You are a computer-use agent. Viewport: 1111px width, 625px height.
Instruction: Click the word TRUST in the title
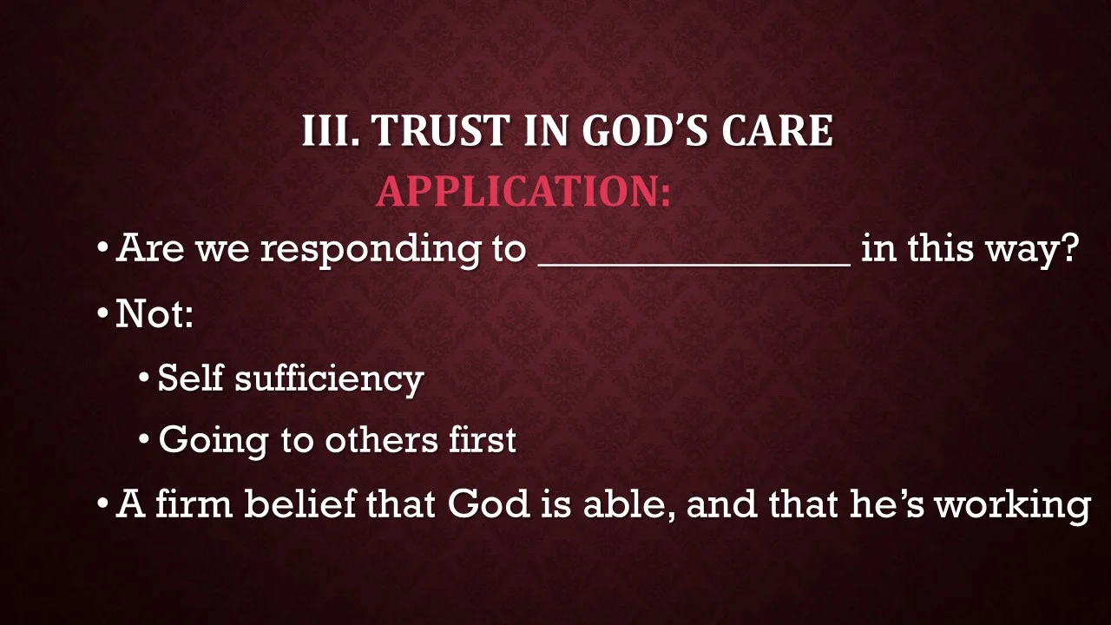(x=441, y=131)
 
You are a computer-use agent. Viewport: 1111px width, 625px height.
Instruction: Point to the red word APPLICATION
(x=523, y=191)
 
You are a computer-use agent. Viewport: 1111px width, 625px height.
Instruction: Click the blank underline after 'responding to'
(x=694, y=260)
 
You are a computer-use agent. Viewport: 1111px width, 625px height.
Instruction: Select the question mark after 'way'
(x=1069, y=249)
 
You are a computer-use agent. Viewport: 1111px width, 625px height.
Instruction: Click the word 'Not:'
(x=154, y=313)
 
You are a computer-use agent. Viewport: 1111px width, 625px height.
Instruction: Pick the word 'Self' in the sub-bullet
(x=190, y=377)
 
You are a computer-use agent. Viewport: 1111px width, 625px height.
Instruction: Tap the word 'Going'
(x=213, y=441)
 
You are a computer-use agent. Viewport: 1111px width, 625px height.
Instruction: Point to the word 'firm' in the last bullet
(x=194, y=503)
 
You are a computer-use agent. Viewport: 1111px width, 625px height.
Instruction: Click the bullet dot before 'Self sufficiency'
(x=145, y=378)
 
